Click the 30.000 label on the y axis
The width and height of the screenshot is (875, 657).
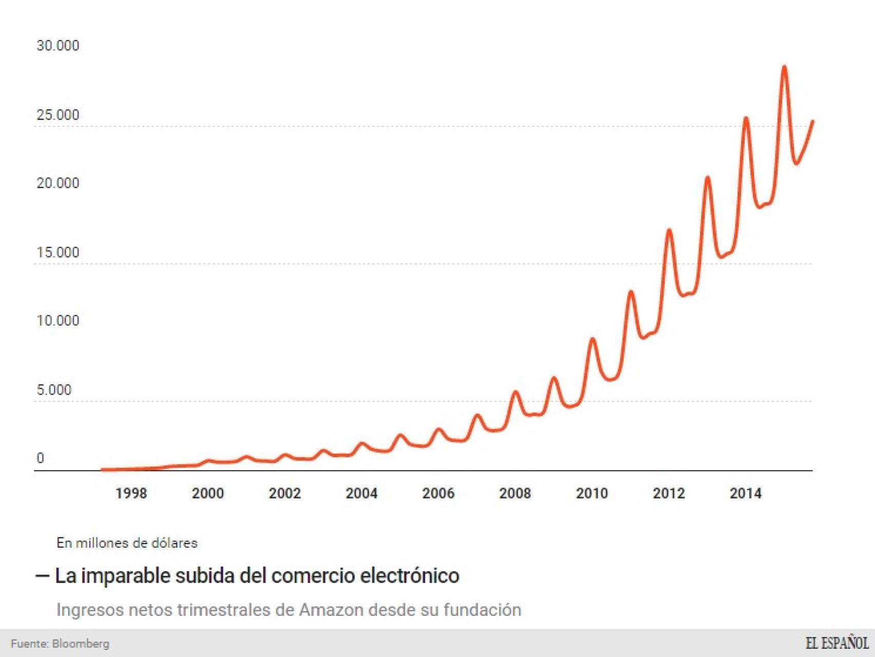(57, 46)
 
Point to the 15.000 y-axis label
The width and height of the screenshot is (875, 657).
(57, 253)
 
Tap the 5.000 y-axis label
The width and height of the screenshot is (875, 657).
(53, 390)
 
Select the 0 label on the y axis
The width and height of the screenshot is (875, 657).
(40, 458)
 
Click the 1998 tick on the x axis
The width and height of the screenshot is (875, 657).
(131, 493)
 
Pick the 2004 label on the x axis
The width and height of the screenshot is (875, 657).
(361, 493)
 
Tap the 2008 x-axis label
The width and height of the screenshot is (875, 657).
(514, 493)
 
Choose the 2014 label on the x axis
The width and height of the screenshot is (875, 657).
(745, 493)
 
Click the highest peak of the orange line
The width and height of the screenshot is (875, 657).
(784, 67)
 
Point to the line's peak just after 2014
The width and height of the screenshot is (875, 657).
(746, 119)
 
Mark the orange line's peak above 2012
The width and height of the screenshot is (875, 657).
(669, 230)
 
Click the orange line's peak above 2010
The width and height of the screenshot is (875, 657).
(592, 339)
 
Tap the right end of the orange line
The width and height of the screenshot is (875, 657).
(812, 122)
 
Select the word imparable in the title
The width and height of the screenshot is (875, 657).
(125, 576)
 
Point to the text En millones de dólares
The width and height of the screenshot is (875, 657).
(127, 543)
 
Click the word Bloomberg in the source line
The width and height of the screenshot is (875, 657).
(81, 644)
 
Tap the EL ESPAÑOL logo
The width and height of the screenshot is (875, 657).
(837, 643)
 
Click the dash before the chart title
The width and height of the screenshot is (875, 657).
(42, 576)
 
